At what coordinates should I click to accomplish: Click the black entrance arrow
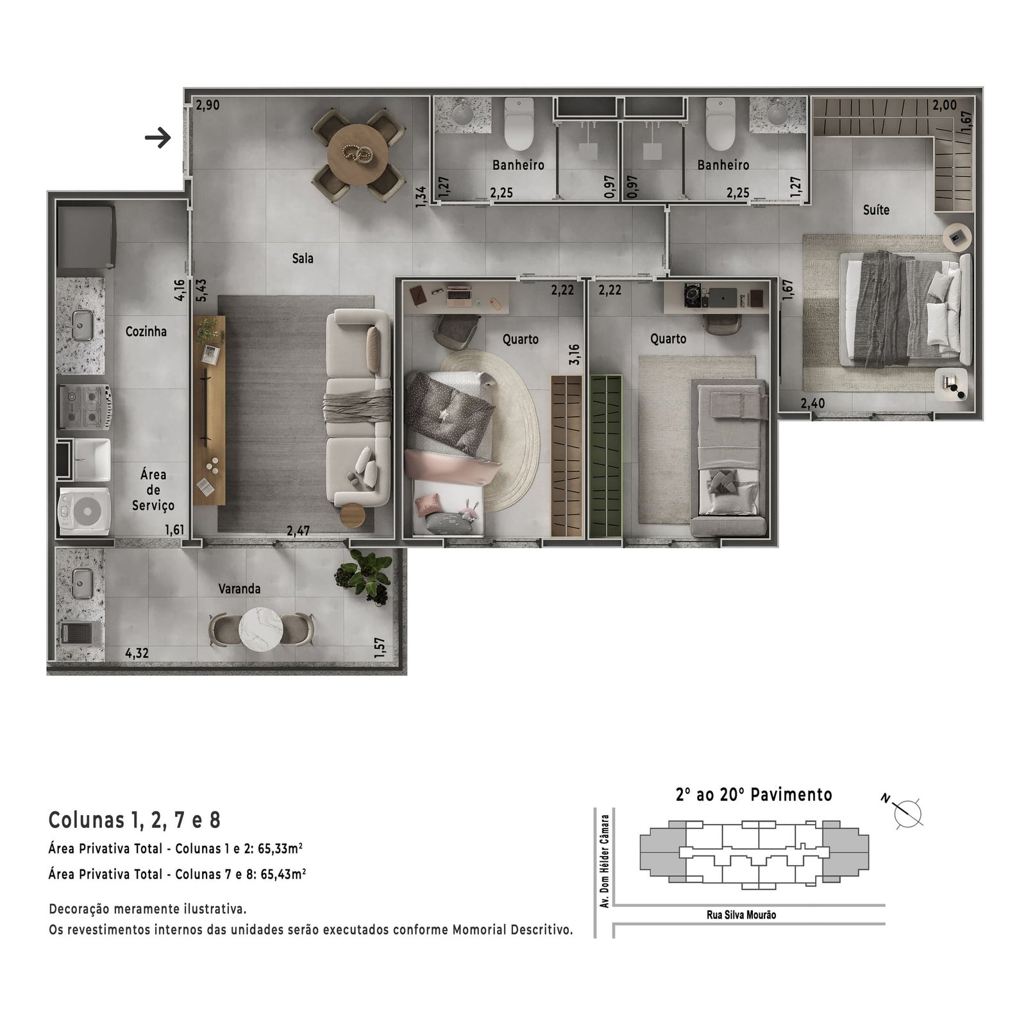pyautogui.click(x=158, y=137)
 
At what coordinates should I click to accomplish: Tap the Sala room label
pyautogui.click(x=303, y=258)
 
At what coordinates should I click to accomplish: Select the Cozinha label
pyautogui.click(x=146, y=332)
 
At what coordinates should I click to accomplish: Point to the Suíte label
pyautogui.click(x=876, y=210)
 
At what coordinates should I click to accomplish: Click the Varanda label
pyautogui.click(x=239, y=589)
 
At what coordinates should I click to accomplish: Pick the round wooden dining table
pyautogui.click(x=358, y=155)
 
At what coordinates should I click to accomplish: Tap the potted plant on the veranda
pyautogui.click(x=365, y=576)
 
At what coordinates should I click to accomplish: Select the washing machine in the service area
pyautogui.click(x=84, y=510)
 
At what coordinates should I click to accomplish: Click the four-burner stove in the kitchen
pyautogui.click(x=85, y=406)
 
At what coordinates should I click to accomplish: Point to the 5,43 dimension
pyautogui.click(x=201, y=290)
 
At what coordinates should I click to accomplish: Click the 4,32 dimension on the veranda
pyautogui.click(x=137, y=653)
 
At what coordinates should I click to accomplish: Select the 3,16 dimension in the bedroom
pyautogui.click(x=574, y=355)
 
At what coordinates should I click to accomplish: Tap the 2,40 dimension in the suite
pyautogui.click(x=812, y=403)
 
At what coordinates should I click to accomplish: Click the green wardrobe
pyautogui.click(x=606, y=456)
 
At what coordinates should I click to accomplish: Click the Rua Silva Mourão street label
pyautogui.click(x=741, y=914)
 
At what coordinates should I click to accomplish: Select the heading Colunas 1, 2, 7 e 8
pyautogui.click(x=135, y=820)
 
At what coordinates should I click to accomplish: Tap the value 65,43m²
pyautogui.click(x=283, y=874)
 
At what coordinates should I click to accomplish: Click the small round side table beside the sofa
pyautogui.click(x=352, y=516)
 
